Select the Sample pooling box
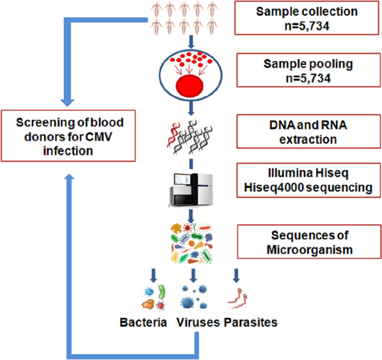pos(308,70)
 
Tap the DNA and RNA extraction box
pos(308,132)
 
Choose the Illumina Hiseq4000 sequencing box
pos(308,180)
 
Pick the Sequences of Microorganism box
pos(309,242)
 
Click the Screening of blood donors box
pos(68,136)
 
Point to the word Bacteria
pos(143,322)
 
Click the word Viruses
pos(198,322)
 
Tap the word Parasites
pos(251,322)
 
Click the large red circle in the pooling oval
pos(190,86)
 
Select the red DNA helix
pos(173,135)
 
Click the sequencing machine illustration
pos(191,190)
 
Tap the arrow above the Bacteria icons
pos(153,275)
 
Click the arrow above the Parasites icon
pos(236,275)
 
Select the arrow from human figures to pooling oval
pos(191,42)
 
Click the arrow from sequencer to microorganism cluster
pos(191,216)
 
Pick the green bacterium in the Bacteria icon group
pos(162,291)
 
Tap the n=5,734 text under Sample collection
pos(307,26)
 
